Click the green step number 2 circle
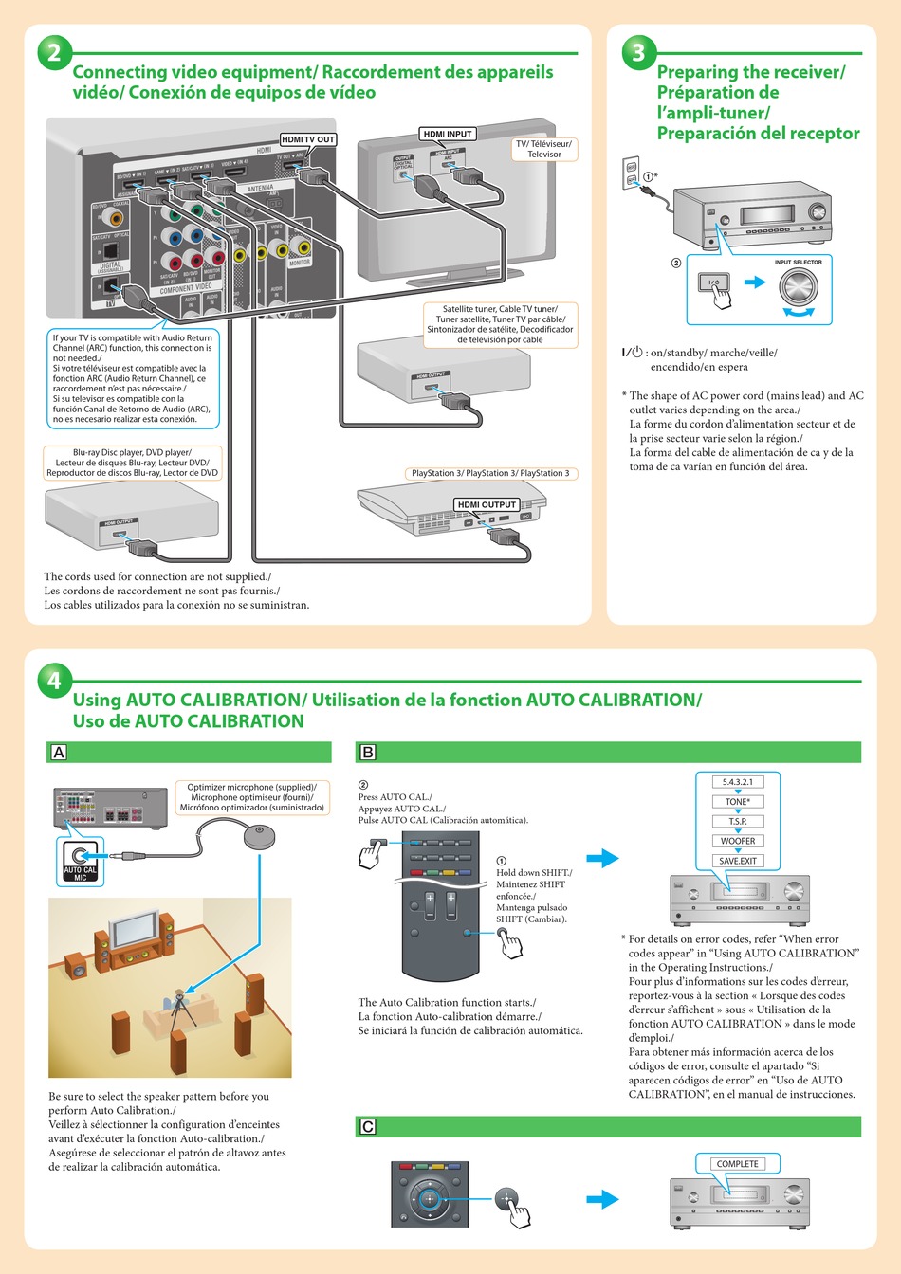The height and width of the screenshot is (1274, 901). (54, 51)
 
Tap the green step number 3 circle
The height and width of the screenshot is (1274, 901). (638, 51)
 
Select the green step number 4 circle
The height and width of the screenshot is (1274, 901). (54, 680)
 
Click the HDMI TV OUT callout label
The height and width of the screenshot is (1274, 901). (308, 139)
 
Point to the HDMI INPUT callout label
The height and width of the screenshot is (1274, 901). (448, 134)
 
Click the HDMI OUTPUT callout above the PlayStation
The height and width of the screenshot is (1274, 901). (487, 504)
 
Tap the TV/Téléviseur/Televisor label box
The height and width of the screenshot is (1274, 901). (543, 149)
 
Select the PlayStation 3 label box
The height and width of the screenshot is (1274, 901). (490, 473)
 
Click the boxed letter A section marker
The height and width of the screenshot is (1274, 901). (59, 753)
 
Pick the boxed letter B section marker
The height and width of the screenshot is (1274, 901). (368, 753)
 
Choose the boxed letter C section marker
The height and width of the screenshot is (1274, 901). (368, 1127)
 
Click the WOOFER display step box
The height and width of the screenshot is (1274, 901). (738, 841)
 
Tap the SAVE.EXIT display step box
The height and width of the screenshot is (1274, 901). (738, 861)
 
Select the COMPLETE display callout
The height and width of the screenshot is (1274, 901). (737, 1163)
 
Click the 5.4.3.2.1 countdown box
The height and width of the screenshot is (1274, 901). (738, 782)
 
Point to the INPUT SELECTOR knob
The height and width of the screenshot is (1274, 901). (799, 285)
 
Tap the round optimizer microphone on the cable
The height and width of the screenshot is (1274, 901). (260, 836)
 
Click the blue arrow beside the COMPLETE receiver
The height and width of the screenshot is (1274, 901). (602, 1199)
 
